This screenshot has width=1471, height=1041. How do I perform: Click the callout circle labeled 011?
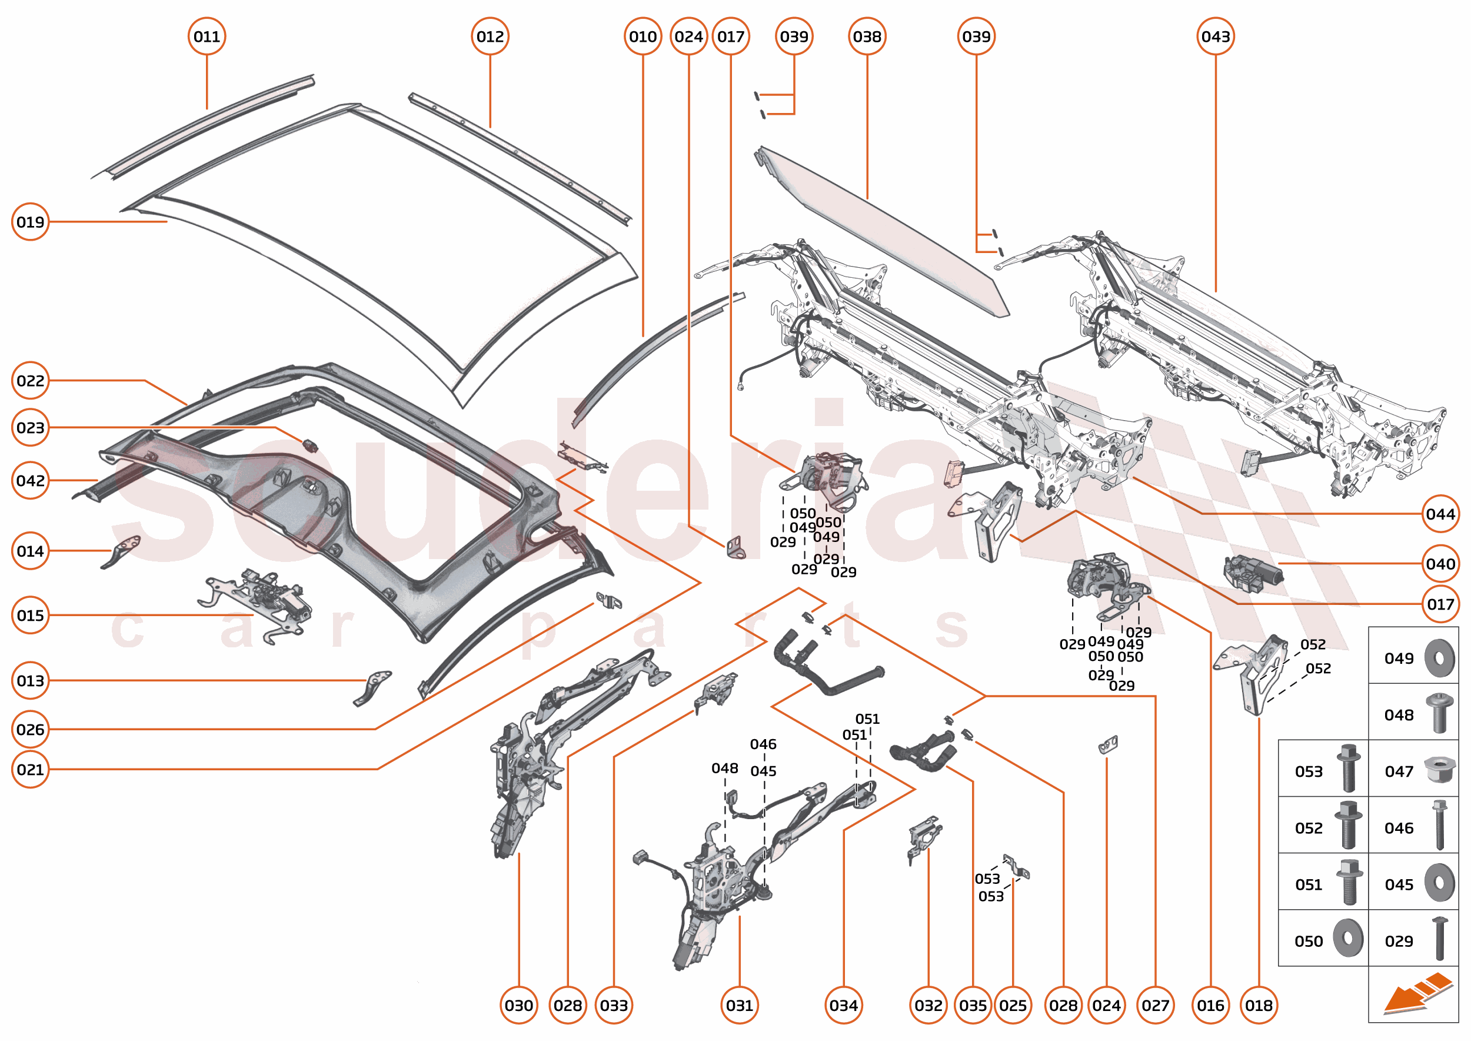point(207,36)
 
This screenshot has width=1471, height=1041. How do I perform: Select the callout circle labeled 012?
point(490,36)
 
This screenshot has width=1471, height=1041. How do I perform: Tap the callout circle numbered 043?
point(1215,36)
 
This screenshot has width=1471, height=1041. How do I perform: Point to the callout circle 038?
point(867,36)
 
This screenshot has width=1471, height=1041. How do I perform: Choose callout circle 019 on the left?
point(30,222)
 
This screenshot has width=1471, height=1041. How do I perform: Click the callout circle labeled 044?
point(1440,514)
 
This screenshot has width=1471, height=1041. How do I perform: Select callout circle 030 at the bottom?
point(518,1005)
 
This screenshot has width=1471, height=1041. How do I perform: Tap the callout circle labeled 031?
point(739,1005)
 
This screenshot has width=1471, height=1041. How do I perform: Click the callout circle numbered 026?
point(30,729)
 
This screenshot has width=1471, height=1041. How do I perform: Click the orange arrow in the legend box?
point(1416,996)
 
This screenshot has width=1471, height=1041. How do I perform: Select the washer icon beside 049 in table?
point(1439,658)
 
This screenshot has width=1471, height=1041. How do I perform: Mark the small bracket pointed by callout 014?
point(122,551)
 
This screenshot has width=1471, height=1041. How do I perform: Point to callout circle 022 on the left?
point(30,380)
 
